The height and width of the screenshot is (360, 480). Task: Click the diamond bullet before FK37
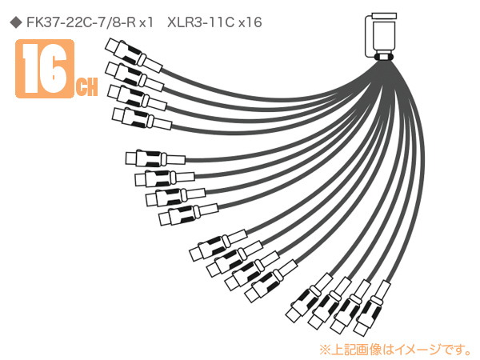click(x=16, y=22)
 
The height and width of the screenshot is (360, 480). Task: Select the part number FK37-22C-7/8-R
click(x=81, y=22)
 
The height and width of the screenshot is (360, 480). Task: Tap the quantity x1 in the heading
click(x=146, y=22)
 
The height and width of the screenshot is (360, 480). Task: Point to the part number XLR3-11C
click(x=201, y=22)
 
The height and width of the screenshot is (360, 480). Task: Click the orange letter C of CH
click(x=81, y=87)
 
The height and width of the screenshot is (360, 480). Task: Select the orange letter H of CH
click(x=92, y=87)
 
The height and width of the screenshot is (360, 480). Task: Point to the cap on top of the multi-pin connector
click(x=384, y=16)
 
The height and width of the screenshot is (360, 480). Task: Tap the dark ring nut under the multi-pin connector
click(x=382, y=58)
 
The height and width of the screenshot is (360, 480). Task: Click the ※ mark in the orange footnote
click(x=325, y=350)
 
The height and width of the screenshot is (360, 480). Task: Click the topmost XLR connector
click(x=134, y=55)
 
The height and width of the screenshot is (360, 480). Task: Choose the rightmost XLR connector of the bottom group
click(x=372, y=308)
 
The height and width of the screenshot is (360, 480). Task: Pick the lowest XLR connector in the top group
click(x=142, y=118)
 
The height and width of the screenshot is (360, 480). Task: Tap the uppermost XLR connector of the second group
click(x=155, y=158)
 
